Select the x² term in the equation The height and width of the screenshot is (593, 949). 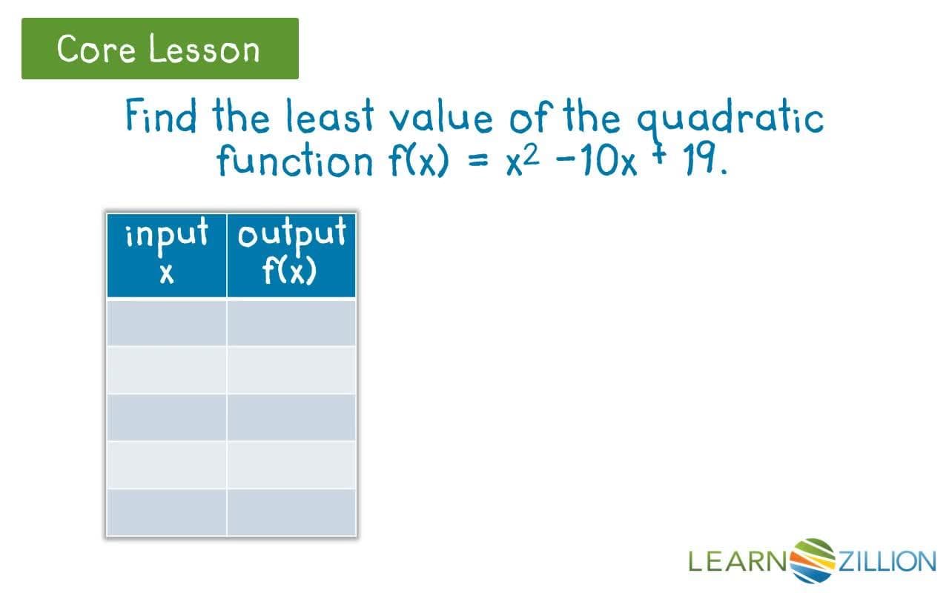[525, 159]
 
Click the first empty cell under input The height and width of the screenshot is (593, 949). [167, 322]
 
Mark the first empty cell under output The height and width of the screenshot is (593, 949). [291, 322]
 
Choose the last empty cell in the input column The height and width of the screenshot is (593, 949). [167, 511]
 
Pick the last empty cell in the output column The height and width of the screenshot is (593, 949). [291, 511]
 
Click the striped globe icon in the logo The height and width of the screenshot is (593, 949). [813, 560]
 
